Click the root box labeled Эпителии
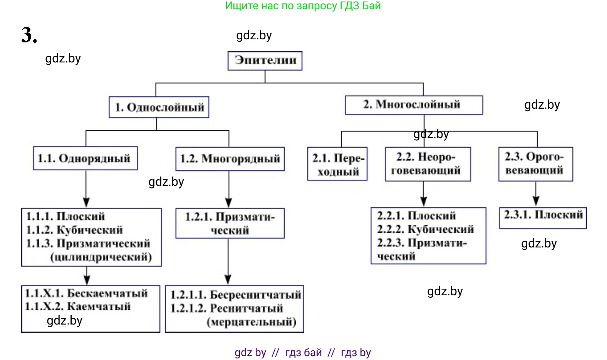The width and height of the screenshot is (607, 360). [265, 61]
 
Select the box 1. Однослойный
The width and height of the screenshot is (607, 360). [159, 107]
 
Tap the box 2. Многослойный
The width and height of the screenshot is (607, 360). [414, 105]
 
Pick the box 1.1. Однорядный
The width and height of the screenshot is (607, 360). [85, 158]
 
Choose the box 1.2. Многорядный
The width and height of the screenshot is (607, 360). [230, 159]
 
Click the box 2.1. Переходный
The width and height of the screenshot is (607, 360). [337, 164]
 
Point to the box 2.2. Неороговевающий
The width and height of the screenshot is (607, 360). [428, 164]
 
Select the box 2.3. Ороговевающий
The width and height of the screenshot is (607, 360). [535, 164]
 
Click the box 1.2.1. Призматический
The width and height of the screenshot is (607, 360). [230, 224]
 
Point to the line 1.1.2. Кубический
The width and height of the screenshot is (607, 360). [74, 230]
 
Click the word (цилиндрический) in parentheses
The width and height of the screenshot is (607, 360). [101, 257]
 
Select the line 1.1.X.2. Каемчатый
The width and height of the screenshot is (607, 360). [78, 307]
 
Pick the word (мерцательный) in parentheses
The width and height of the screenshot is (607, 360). [252, 322]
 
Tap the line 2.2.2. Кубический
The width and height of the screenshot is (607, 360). [425, 229]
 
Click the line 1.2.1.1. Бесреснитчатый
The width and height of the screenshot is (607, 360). [235, 295]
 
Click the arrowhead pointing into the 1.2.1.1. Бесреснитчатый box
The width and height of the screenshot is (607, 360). [228, 279]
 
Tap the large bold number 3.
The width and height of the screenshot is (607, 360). [29, 35]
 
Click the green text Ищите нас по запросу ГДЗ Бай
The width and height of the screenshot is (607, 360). [303, 6]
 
